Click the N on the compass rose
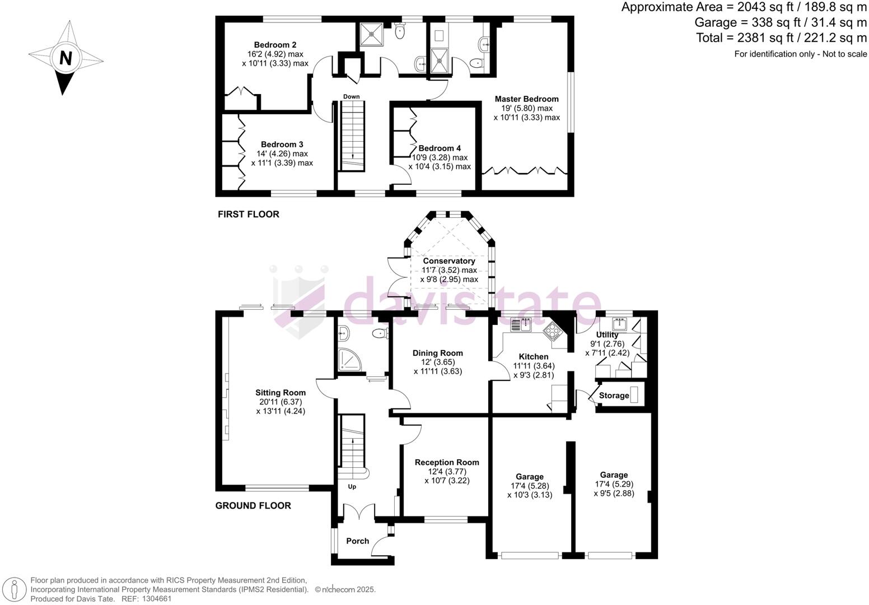(66, 59)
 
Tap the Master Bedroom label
(526, 99)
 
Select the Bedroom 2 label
(275, 45)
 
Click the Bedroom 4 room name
(440, 148)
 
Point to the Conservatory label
(449, 261)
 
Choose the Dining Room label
(438, 353)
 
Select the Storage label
(614, 395)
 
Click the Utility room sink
(619, 324)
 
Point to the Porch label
(358, 541)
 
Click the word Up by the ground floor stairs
(352, 487)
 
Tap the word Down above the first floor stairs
(352, 96)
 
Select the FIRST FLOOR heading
(248, 214)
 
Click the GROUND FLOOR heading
(253, 505)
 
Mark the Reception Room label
(447, 462)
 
